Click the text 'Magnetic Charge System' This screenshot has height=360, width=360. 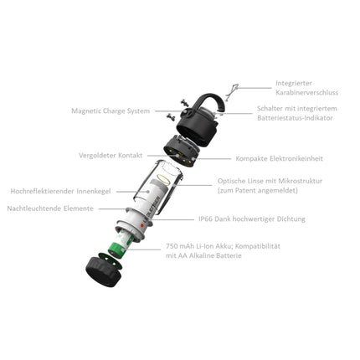(x=111, y=110)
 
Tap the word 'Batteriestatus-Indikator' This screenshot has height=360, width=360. (x=307, y=118)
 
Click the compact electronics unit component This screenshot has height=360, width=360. (x=178, y=152)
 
